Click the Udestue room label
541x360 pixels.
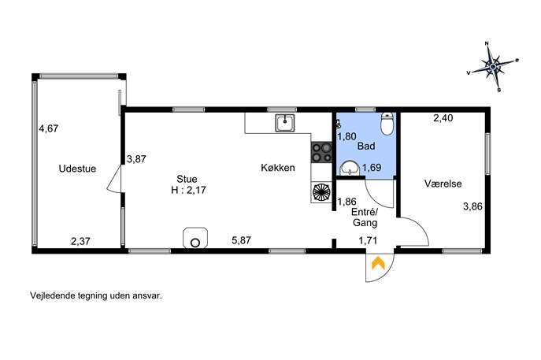coord(77,169)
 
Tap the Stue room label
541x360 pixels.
coord(187,179)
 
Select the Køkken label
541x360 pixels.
coord(278,168)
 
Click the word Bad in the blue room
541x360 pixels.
coord(366,146)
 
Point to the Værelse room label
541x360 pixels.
coord(443,184)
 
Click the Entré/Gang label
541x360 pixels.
coord(365,217)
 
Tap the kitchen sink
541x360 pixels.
coord(285,123)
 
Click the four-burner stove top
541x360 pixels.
coord(321,152)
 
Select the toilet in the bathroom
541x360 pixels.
coord(387,124)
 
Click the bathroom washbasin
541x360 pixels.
coord(350,169)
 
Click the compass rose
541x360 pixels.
coord(494,67)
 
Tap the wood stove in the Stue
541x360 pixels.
coord(195,237)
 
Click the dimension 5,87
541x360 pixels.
coord(241,240)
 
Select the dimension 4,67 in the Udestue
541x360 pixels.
coord(49,128)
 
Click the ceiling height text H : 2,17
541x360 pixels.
coord(188,190)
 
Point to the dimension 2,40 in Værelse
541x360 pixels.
coord(443,118)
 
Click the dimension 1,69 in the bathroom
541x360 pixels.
coord(372,168)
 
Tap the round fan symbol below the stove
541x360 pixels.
coord(321,192)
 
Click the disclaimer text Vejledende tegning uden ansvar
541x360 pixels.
coord(96,296)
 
